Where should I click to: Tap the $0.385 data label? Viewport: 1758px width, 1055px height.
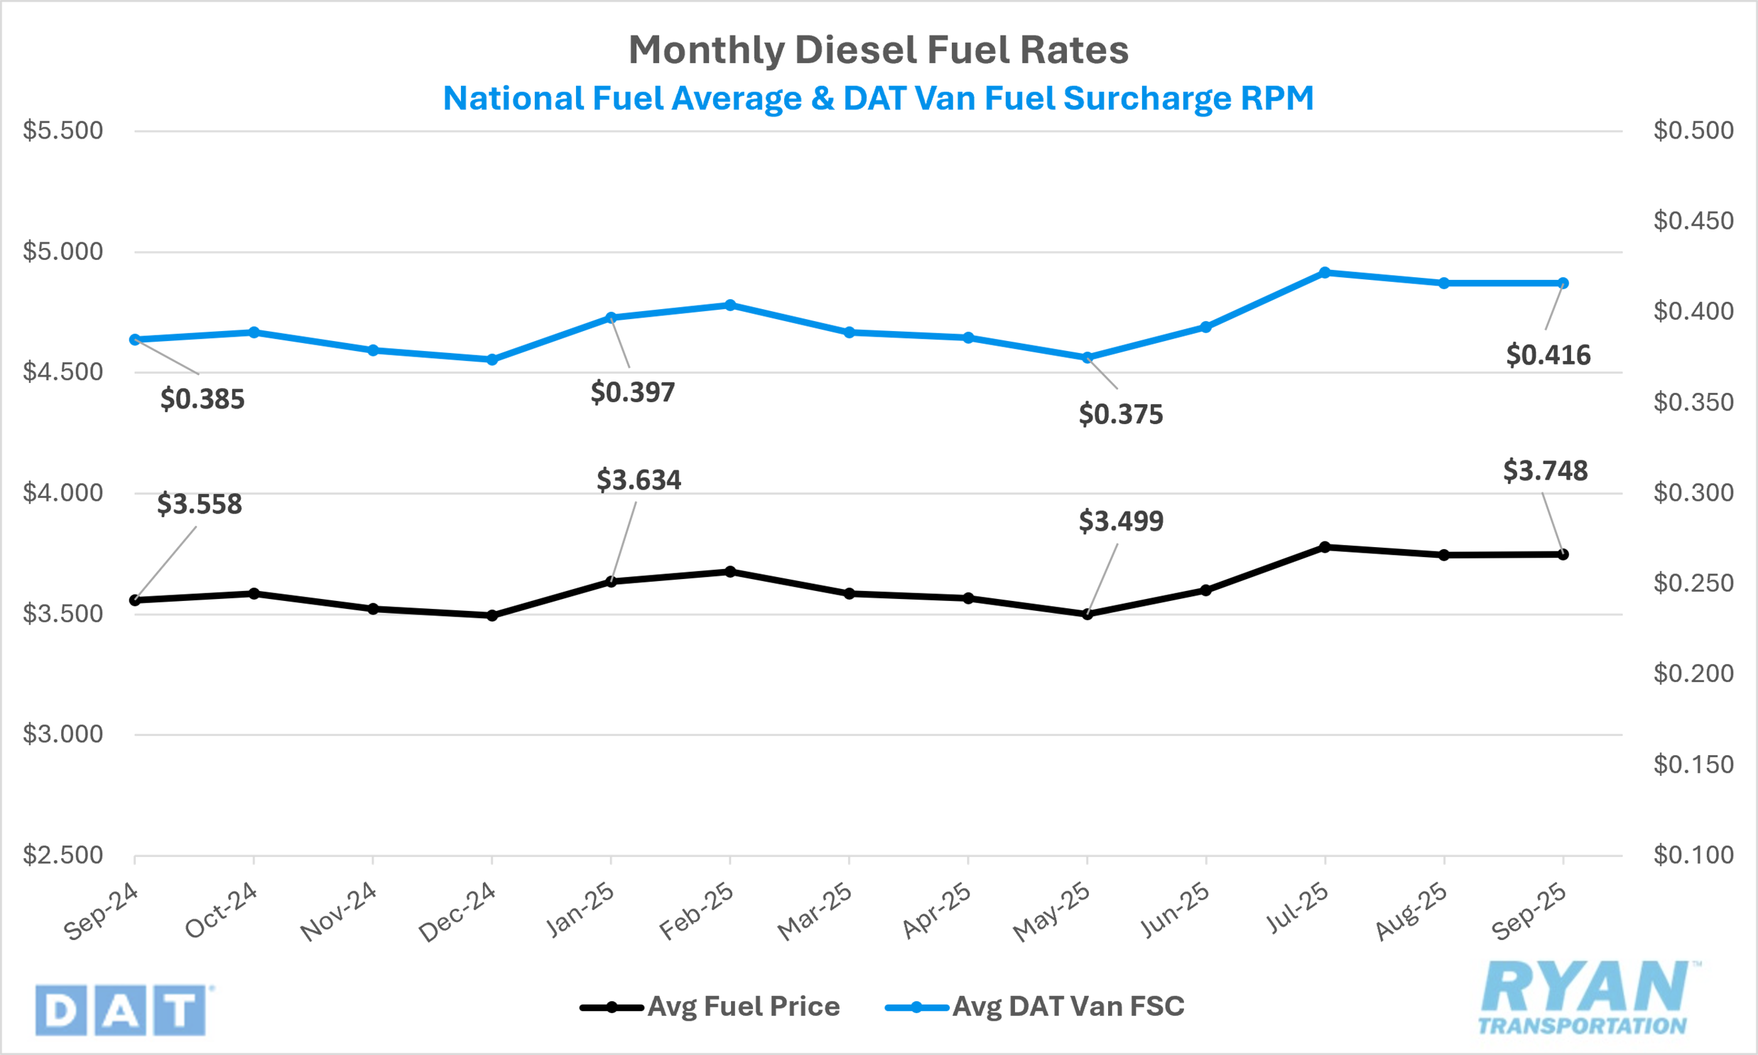click(x=202, y=399)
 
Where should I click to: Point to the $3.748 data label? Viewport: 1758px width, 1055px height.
click(x=1546, y=470)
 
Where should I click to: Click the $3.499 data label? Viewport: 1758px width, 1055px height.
click(x=1122, y=521)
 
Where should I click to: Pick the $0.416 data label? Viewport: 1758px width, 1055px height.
click(x=1548, y=355)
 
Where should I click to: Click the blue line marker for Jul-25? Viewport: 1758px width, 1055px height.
click(x=1325, y=272)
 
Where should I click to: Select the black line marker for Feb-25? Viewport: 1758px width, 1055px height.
click(x=729, y=572)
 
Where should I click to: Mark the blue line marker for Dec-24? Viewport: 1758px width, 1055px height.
click(x=492, y=359)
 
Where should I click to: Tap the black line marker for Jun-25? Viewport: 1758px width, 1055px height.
click(x=1206, y=590)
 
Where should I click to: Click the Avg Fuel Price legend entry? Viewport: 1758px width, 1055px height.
click(x=710, y=1007)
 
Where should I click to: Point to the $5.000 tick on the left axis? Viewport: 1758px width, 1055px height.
click(x=63, y=251)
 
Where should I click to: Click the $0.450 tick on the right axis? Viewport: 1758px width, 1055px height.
click(x=1693, y=221)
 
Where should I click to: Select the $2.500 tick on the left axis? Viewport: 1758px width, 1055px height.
click(x=63, y=855)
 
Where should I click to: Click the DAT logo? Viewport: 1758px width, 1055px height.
click(x=121, y=1010)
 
